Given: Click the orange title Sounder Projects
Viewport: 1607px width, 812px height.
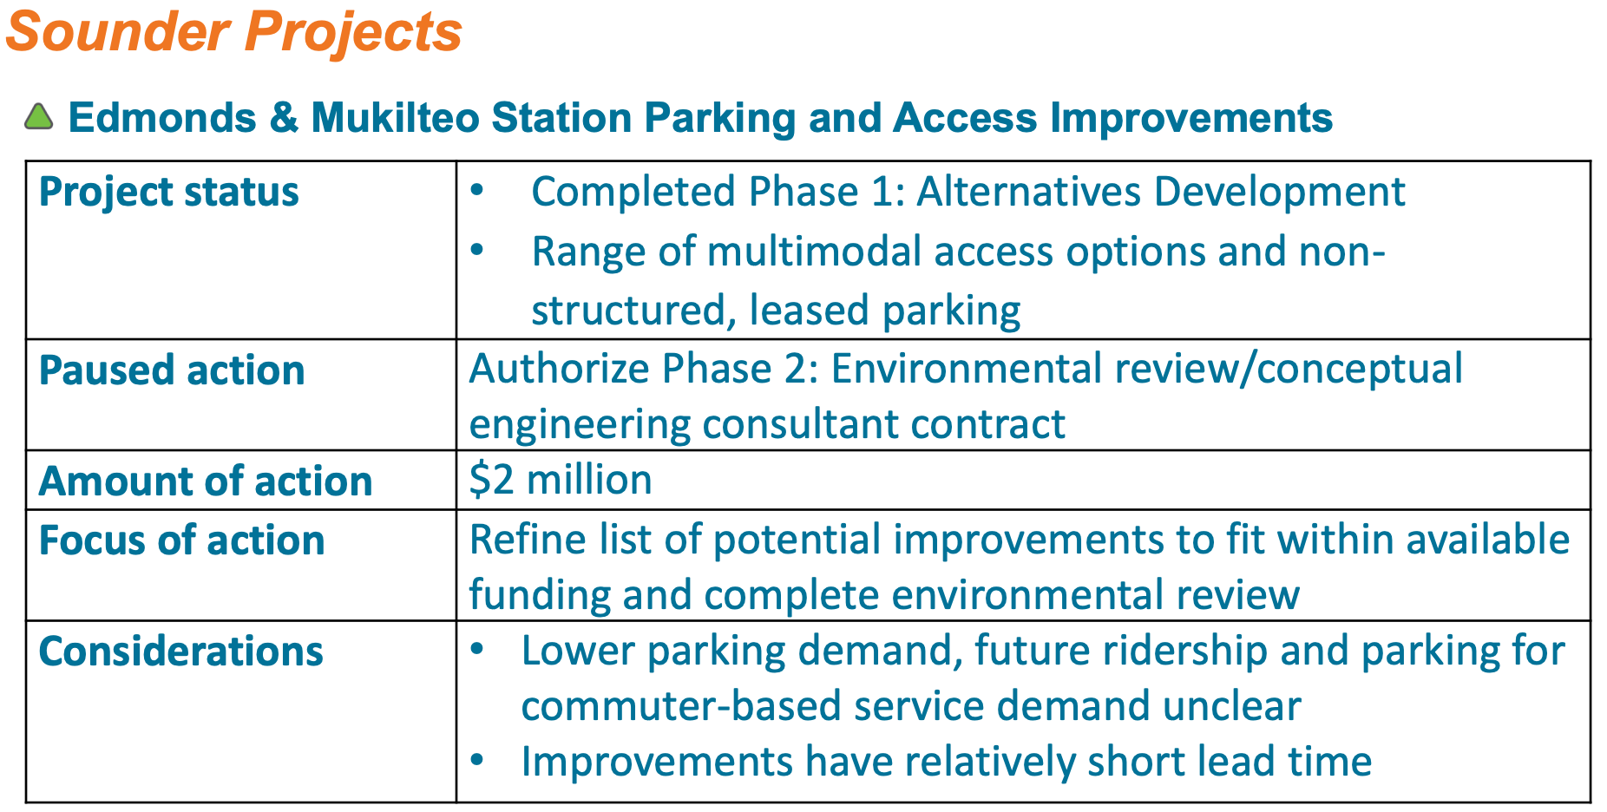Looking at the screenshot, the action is [233, 32].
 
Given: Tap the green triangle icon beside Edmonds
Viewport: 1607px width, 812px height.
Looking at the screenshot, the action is [38, 117].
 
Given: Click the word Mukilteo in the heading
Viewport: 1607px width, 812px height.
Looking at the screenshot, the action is [395, 117].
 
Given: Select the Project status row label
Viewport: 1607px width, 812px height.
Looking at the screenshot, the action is [169, 192].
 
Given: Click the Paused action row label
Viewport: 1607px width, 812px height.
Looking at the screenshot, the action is [172, 370].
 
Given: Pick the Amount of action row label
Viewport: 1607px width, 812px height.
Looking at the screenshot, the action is [206, 481].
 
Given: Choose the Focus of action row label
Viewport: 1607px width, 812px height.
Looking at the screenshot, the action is [182, 540].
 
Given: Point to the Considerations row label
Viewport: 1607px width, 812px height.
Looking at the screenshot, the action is [181, 652].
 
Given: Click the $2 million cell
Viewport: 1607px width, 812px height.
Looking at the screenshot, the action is [561, 480].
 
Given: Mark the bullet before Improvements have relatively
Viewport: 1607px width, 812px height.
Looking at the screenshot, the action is [477, 761].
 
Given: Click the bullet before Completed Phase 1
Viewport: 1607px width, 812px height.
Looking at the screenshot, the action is [477, 191].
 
